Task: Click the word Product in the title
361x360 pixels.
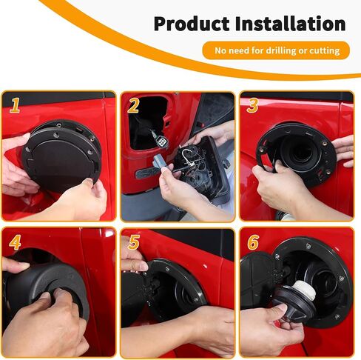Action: coord(192,24)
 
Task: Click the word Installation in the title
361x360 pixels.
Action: coord(290,23)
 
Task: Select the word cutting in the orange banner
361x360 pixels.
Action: coord(325,50)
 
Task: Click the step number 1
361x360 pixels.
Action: coord(15,105)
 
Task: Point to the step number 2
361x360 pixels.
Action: coord(133,105)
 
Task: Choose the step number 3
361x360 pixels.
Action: coord(252,105)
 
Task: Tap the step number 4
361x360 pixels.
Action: coord(15,242)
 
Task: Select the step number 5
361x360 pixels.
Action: coord(134,242)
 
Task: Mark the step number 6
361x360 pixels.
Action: coord(253,242)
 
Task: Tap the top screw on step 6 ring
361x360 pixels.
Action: coord(308,246)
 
